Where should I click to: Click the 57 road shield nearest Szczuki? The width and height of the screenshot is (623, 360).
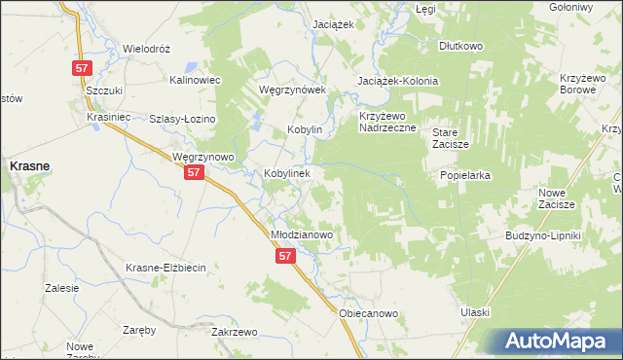click(83, 69)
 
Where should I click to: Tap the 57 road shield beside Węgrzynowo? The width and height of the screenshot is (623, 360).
click(194, 172)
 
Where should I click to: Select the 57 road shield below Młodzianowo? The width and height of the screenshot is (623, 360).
click(284, 255)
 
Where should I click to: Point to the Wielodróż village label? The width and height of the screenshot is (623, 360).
click(146, 48)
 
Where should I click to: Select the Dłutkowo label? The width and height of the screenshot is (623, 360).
click(460, 46)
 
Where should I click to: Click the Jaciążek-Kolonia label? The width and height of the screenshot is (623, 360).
click(398, 81)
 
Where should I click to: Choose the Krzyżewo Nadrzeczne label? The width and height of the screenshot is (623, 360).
click(387, 122)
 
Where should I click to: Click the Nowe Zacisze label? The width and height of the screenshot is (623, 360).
click(558, 198)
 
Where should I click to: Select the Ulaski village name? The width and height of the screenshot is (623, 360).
click(474, 312)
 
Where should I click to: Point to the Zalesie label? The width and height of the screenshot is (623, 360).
click(61, 288)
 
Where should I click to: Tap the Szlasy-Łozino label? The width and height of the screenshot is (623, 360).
click(182, 119)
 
